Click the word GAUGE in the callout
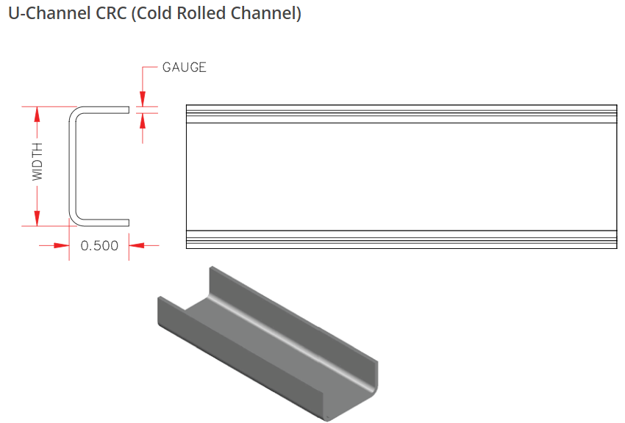click(184, 68)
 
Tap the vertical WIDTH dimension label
click(37, 162)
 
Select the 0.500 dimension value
click(99, 245)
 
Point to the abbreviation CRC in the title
click(112, 13)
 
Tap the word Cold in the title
click(154, 13)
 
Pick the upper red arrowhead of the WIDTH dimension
click(37, 115)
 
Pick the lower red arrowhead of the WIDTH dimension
click(37, 218)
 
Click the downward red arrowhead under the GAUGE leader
click(143, 99)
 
